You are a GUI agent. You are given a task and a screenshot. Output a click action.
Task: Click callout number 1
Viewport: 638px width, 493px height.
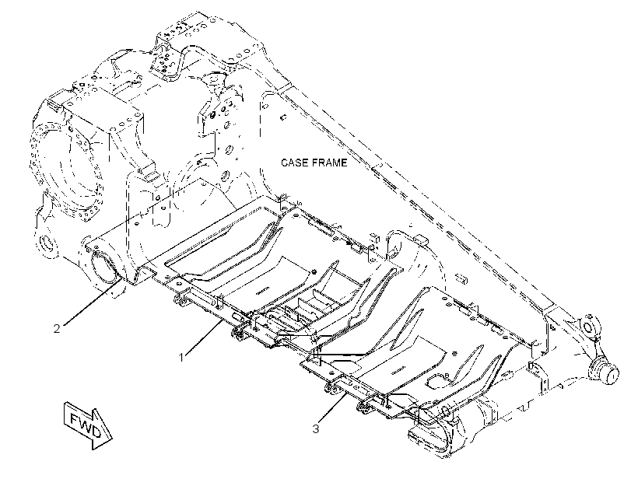[181, 358]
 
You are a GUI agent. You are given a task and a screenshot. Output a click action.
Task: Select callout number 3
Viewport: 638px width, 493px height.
[316, 428]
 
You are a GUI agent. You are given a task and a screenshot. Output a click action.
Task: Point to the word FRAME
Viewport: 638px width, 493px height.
[329, 163]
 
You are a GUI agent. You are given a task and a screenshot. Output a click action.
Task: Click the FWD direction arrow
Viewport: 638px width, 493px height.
[87, 425]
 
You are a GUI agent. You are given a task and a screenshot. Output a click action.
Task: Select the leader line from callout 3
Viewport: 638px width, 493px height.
[333, 408]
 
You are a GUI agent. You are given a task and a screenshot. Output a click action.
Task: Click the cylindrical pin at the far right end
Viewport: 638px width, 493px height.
[605, 371]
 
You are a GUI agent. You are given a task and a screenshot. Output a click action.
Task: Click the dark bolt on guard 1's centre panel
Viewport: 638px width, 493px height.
[314, 272]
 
